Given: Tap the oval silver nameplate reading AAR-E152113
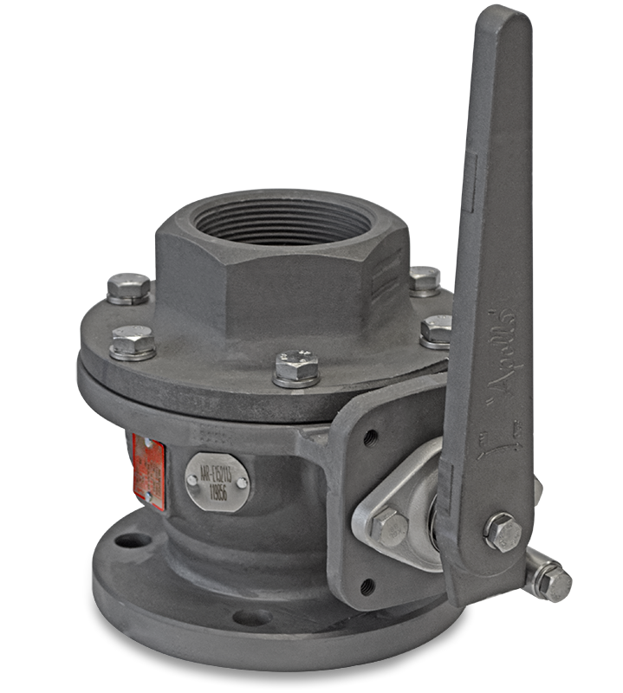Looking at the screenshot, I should (217, 476).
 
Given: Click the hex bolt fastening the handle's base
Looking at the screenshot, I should (501, 530).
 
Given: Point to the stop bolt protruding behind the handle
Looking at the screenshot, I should (549, 578).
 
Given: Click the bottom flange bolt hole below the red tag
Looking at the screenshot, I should (131, 541).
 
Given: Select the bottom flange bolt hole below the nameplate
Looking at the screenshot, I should (252, 618).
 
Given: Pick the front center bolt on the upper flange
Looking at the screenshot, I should (295, 366).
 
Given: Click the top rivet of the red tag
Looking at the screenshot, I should (146, 444).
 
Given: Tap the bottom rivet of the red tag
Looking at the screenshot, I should (148, 495).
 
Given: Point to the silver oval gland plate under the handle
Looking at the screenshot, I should (407, 520).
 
